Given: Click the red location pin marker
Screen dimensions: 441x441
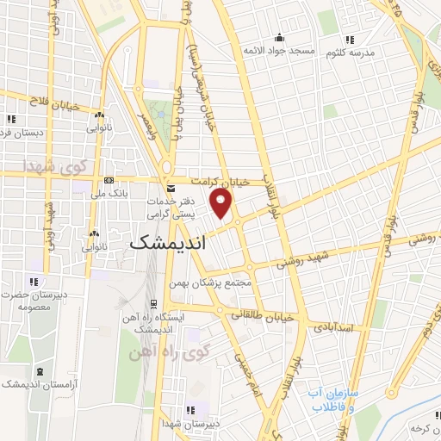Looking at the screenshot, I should (x=222, y=205).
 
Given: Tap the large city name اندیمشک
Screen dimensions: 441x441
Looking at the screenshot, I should (x=169, y=244).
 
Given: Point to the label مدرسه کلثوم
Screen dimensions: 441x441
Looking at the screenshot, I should (x=350, y=53).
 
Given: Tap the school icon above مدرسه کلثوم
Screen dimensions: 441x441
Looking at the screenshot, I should (x=349, y=39).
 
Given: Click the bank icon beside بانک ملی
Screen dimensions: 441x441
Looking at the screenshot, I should (x=108, y=180).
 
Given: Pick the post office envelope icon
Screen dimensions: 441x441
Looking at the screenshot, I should (x=170, y=188).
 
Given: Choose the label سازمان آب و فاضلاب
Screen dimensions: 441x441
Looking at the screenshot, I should (x=331, y=399).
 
